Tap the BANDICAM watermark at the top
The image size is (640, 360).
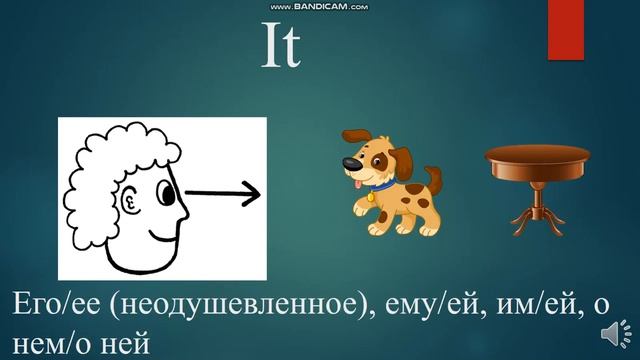coord(319,6)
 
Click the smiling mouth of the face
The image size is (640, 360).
coord(160,241)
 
